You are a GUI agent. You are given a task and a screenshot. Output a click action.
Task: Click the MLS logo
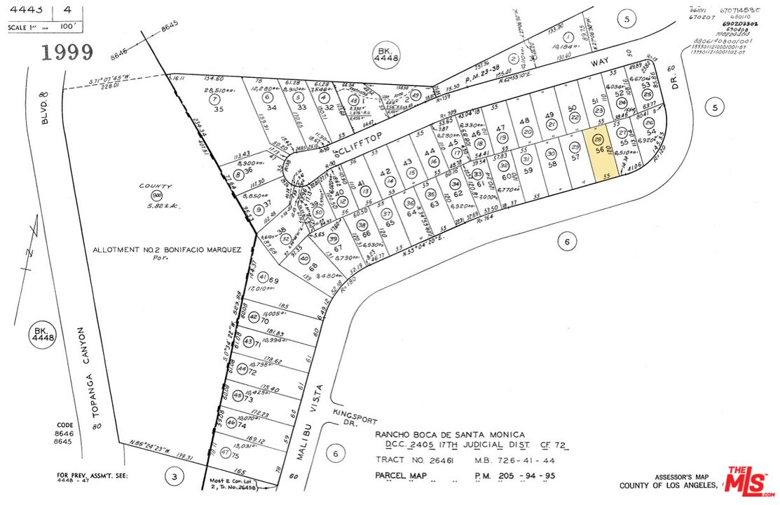click(x=750, y=480)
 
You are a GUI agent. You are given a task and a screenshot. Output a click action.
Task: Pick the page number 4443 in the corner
click(x=25, y=10)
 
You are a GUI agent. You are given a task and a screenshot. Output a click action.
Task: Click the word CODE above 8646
click(x=65, y=426)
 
